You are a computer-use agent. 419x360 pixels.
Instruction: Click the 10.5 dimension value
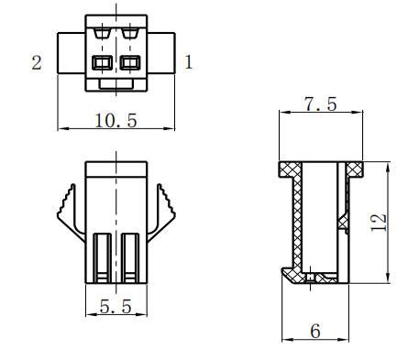[116, 120]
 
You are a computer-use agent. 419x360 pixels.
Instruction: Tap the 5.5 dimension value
[116, 306]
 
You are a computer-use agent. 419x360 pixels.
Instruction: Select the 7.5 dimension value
[321, 104]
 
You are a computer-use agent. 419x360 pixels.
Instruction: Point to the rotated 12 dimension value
[379, 223]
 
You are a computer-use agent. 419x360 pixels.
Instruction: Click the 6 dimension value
[315, 331]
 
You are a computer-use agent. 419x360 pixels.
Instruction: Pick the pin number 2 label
[37, 62]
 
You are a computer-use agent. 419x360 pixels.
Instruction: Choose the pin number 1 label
[189, 62]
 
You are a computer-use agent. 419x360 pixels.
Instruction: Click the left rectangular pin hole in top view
[103, 62]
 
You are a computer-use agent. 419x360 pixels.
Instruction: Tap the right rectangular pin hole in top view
[130, 62]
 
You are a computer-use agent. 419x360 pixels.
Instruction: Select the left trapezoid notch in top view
[102, 33]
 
